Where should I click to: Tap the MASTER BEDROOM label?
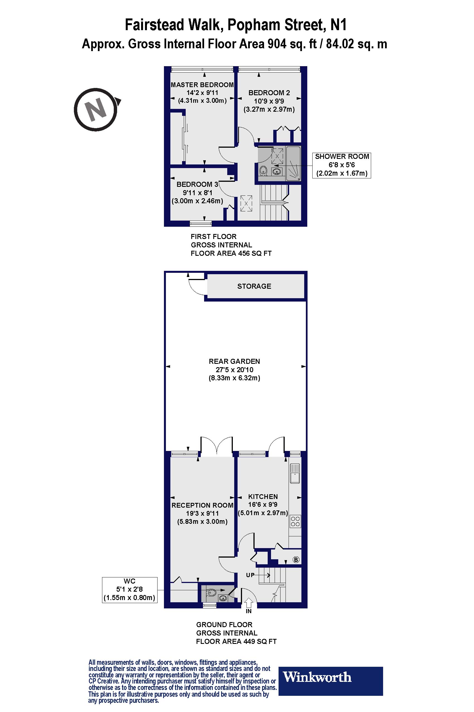click(202, 85)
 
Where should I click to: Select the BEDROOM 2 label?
click(269, 93)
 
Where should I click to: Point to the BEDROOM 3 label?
click(197, 184)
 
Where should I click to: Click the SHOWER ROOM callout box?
click(342, 165)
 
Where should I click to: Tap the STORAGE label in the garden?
click(254, 286)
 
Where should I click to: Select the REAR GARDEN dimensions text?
click(234, 370)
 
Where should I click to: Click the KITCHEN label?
click(263, 496)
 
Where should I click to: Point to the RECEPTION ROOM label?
click(202, 505)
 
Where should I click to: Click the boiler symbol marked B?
click(296, 560)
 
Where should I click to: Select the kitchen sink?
click(295, 473)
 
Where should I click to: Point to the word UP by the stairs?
click(250, 575)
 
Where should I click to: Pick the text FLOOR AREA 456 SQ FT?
click(231, 253)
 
